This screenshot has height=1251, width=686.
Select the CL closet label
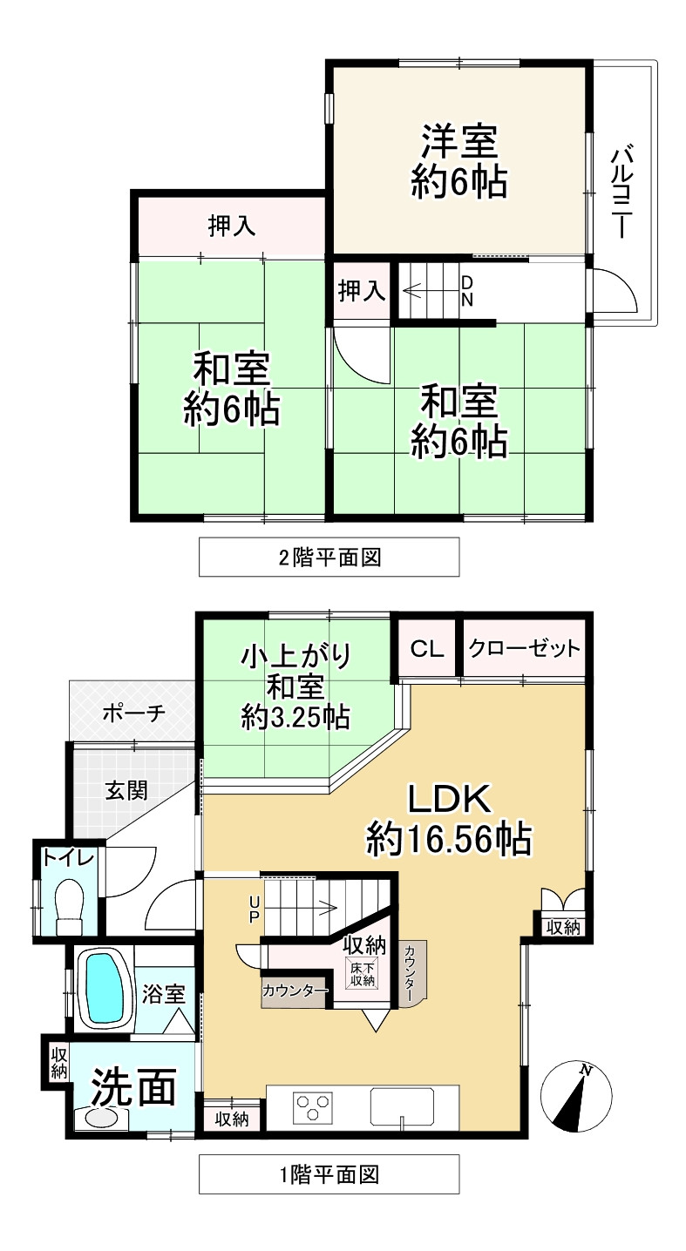click(x=427, y=649)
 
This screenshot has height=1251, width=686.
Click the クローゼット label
click(x=523, y=649)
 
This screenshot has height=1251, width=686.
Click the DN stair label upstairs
click(x=467, y=291)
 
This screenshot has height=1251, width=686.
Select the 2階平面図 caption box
click(x=329, y=557)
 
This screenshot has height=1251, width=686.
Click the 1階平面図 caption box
click(x=329, y=1173)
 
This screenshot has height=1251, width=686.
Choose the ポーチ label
click(x=132, y=713)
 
